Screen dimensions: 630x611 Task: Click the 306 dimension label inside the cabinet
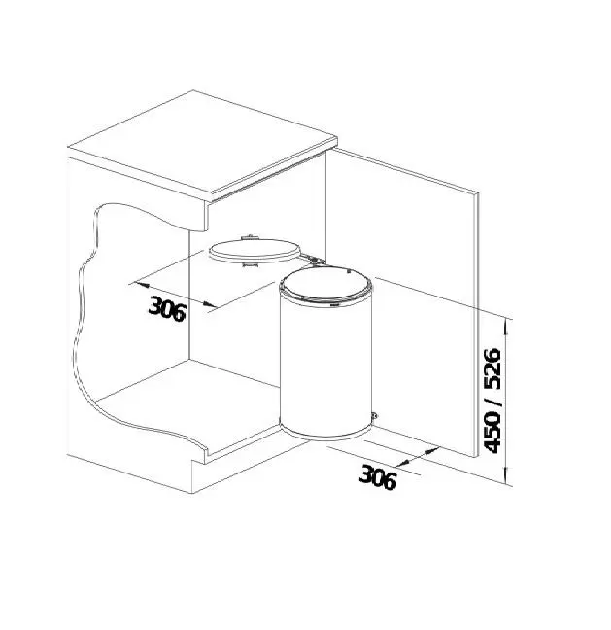point(168,306)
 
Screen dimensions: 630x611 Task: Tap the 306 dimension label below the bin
point(378,476)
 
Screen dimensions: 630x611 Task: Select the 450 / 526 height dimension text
point(492,399)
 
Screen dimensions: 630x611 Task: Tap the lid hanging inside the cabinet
point(254,250)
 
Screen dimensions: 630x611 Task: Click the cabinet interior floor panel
point(185,403)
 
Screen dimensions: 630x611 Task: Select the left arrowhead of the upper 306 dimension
point(135,285)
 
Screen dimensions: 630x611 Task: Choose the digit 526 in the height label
point(492,368)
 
